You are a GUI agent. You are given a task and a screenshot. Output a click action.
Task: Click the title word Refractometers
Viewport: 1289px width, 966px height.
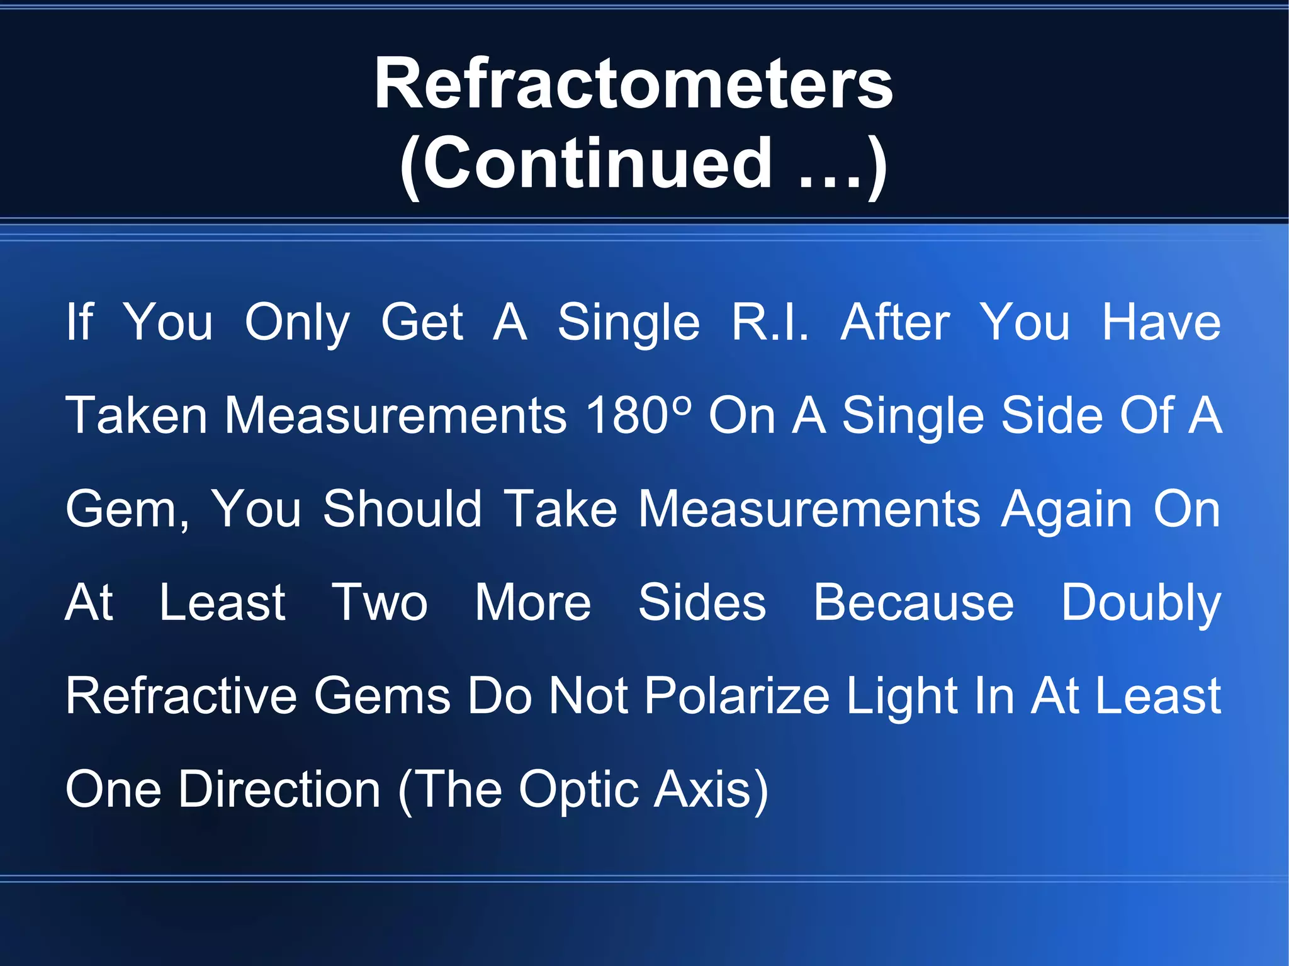tap(633, 84)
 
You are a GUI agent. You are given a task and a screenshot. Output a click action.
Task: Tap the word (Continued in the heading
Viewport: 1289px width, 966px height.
tap(585, 164)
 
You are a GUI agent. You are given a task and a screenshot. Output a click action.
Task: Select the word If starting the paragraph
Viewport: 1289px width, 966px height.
tap(79, 322)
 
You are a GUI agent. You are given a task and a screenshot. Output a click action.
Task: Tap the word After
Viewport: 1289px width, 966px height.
tap(895, 322)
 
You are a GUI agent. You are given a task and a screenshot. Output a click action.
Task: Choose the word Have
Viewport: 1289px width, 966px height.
tap(1161, 322)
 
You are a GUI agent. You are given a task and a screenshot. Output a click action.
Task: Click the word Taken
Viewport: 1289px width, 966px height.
tap(137, 415)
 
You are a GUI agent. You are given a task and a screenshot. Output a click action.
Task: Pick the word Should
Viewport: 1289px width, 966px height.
tap(402, 508)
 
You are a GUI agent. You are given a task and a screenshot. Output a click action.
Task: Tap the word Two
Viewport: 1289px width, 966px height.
tap(380, 602)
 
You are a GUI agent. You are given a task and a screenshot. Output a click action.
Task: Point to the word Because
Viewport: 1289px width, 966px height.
tap(913, 602)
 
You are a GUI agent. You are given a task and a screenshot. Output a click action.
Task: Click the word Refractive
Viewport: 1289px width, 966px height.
tap(181, 696)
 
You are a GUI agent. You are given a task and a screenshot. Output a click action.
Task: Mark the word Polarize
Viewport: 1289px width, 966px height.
tap(737, 696)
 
